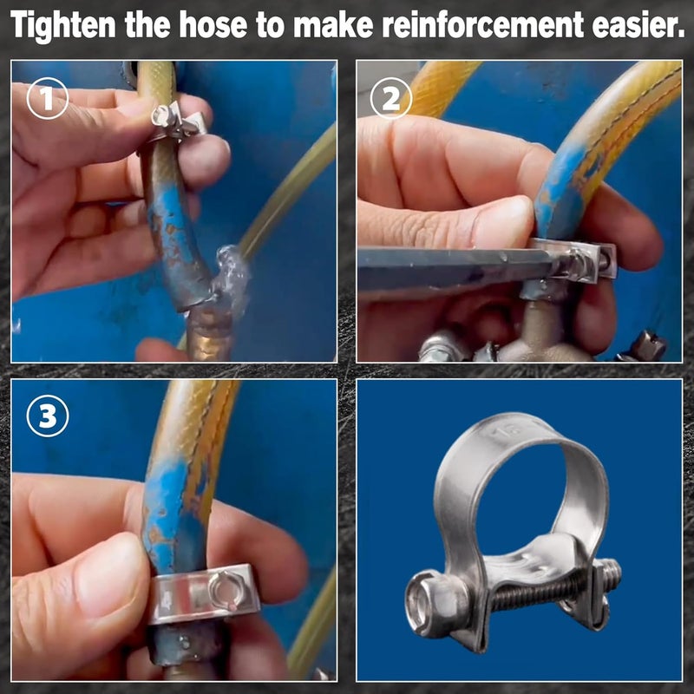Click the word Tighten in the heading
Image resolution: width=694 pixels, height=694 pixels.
coord(62,25)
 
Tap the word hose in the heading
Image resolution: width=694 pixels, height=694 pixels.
coord(213,25)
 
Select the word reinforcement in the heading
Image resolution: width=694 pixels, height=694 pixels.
coord(483,25)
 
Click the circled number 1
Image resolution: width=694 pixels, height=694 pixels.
coord(48,98)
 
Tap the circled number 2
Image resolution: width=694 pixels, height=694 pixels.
coord(391,98)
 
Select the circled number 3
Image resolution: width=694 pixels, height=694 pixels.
coord(48,416)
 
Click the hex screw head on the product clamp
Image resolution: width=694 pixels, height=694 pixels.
coord(436,603)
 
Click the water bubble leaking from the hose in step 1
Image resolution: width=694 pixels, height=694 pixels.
coord(232,278)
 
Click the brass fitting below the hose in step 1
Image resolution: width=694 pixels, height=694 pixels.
coord(209,333)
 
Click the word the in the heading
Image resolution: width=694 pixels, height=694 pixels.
coord(147,25)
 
